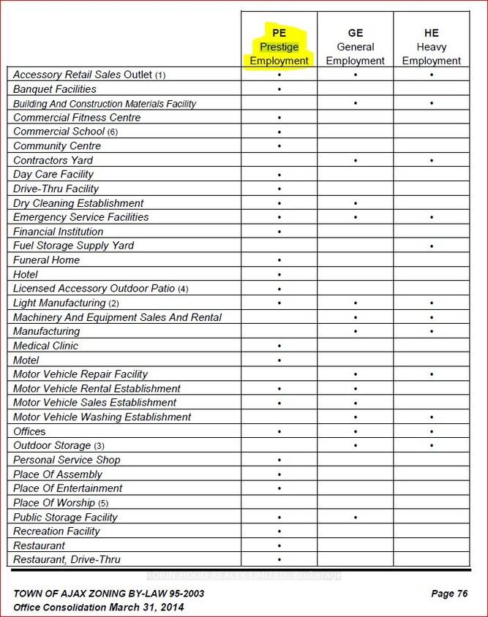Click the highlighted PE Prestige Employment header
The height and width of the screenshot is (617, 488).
click(x=279, y=47)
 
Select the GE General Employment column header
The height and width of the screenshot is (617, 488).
click(x=356, y=47)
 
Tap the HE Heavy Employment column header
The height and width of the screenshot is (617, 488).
click(x=432, y=47)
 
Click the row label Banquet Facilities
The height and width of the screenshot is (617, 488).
click(x=55, y=89)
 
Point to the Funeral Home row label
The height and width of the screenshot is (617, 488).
click(x=47, y=260)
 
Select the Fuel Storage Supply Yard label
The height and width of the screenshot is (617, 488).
click(x=74, y=246)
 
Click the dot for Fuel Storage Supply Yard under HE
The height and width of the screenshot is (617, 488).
click(x=432, y=246)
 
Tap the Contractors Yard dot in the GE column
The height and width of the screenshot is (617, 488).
click(x=356, y=160)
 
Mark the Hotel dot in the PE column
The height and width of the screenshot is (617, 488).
click(x=279, y=275)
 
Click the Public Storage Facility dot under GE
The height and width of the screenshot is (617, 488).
click(x=356, y=518)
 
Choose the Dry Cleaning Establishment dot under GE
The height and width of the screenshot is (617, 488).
click(x=356, y=203)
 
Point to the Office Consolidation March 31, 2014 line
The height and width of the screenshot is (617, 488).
click(x=99, y=607)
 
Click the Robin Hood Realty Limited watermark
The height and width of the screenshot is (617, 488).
click(x=244, y=575)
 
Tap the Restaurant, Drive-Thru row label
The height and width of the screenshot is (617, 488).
click(x=67, y=560)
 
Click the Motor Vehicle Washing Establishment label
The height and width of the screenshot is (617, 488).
click(x=102, y=417)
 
